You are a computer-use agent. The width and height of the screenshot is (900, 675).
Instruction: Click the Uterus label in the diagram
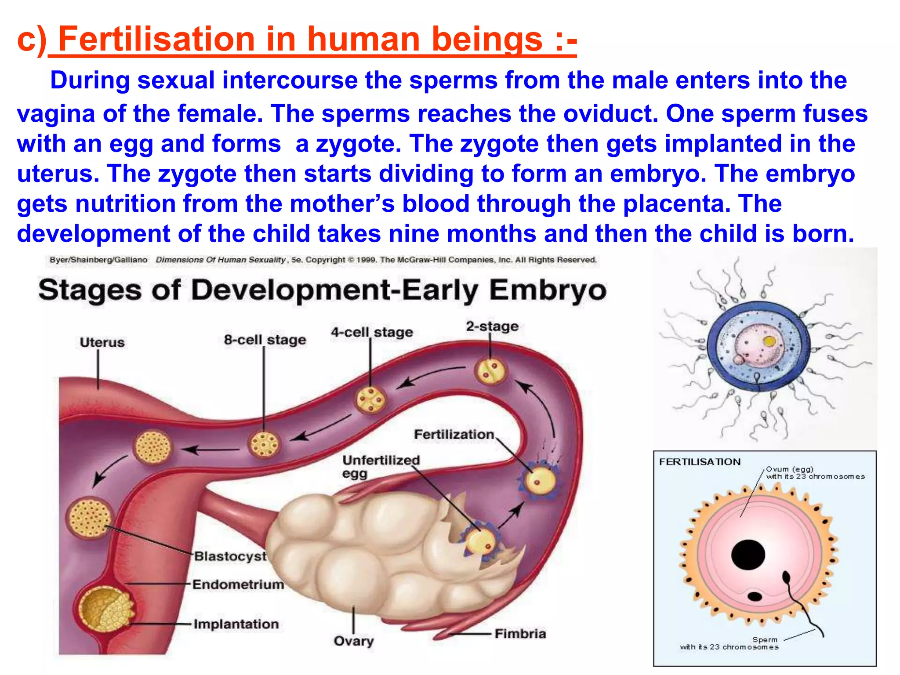pyautogui.click(x=102, y=342)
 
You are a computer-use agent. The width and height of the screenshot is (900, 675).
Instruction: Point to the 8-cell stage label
pyautogui.click(x=265, y=340)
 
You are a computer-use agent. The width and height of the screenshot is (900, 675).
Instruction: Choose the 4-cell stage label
pyautogui.click(x=372, y=332)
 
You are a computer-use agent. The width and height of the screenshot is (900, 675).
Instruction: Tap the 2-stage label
pyautogui.click(x=492, y=327)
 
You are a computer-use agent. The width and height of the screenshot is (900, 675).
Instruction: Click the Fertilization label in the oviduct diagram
pyautogui.click(x=454, y=435)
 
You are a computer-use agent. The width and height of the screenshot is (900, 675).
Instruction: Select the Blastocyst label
pyautogui.click(x=230, y=556)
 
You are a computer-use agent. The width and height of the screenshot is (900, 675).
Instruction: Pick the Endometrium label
pyautogui.click(x=238, y=584)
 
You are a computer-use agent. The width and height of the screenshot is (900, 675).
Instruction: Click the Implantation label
pyautogui.click(x=236, y=624)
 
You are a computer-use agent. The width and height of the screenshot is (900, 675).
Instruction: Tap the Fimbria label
pyautogui.click(x=520, y=634)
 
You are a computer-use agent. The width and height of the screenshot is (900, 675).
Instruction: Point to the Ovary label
pyautogui.click(x=354, y=641)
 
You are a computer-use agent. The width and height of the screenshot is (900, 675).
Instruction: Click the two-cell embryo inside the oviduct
pyautogui.click(x=491, y=372)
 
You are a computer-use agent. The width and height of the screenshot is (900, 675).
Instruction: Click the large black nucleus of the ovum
pyautogui.click(x=748, y=555)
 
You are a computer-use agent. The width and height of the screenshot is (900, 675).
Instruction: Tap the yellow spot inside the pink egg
pyautogui.click(x=769, y=341)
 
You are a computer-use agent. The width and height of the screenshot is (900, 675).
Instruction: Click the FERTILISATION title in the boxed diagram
pyautogui.click(x=700, y=462)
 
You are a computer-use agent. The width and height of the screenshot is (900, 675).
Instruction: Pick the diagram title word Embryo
pyautogui.click(x=548, y=290)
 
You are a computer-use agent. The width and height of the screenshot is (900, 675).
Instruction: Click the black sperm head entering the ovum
pyautogui.click(x=786, y=577)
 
